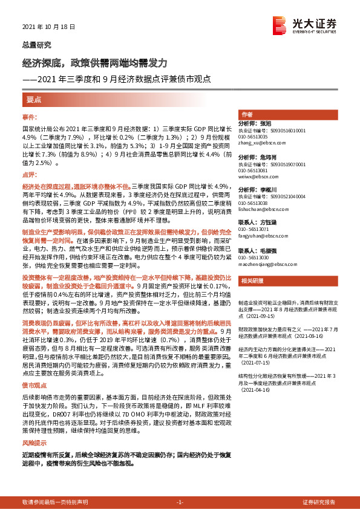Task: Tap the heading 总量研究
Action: point(36,45)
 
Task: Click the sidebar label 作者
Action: point(247,114)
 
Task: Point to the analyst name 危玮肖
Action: point(273,157)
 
